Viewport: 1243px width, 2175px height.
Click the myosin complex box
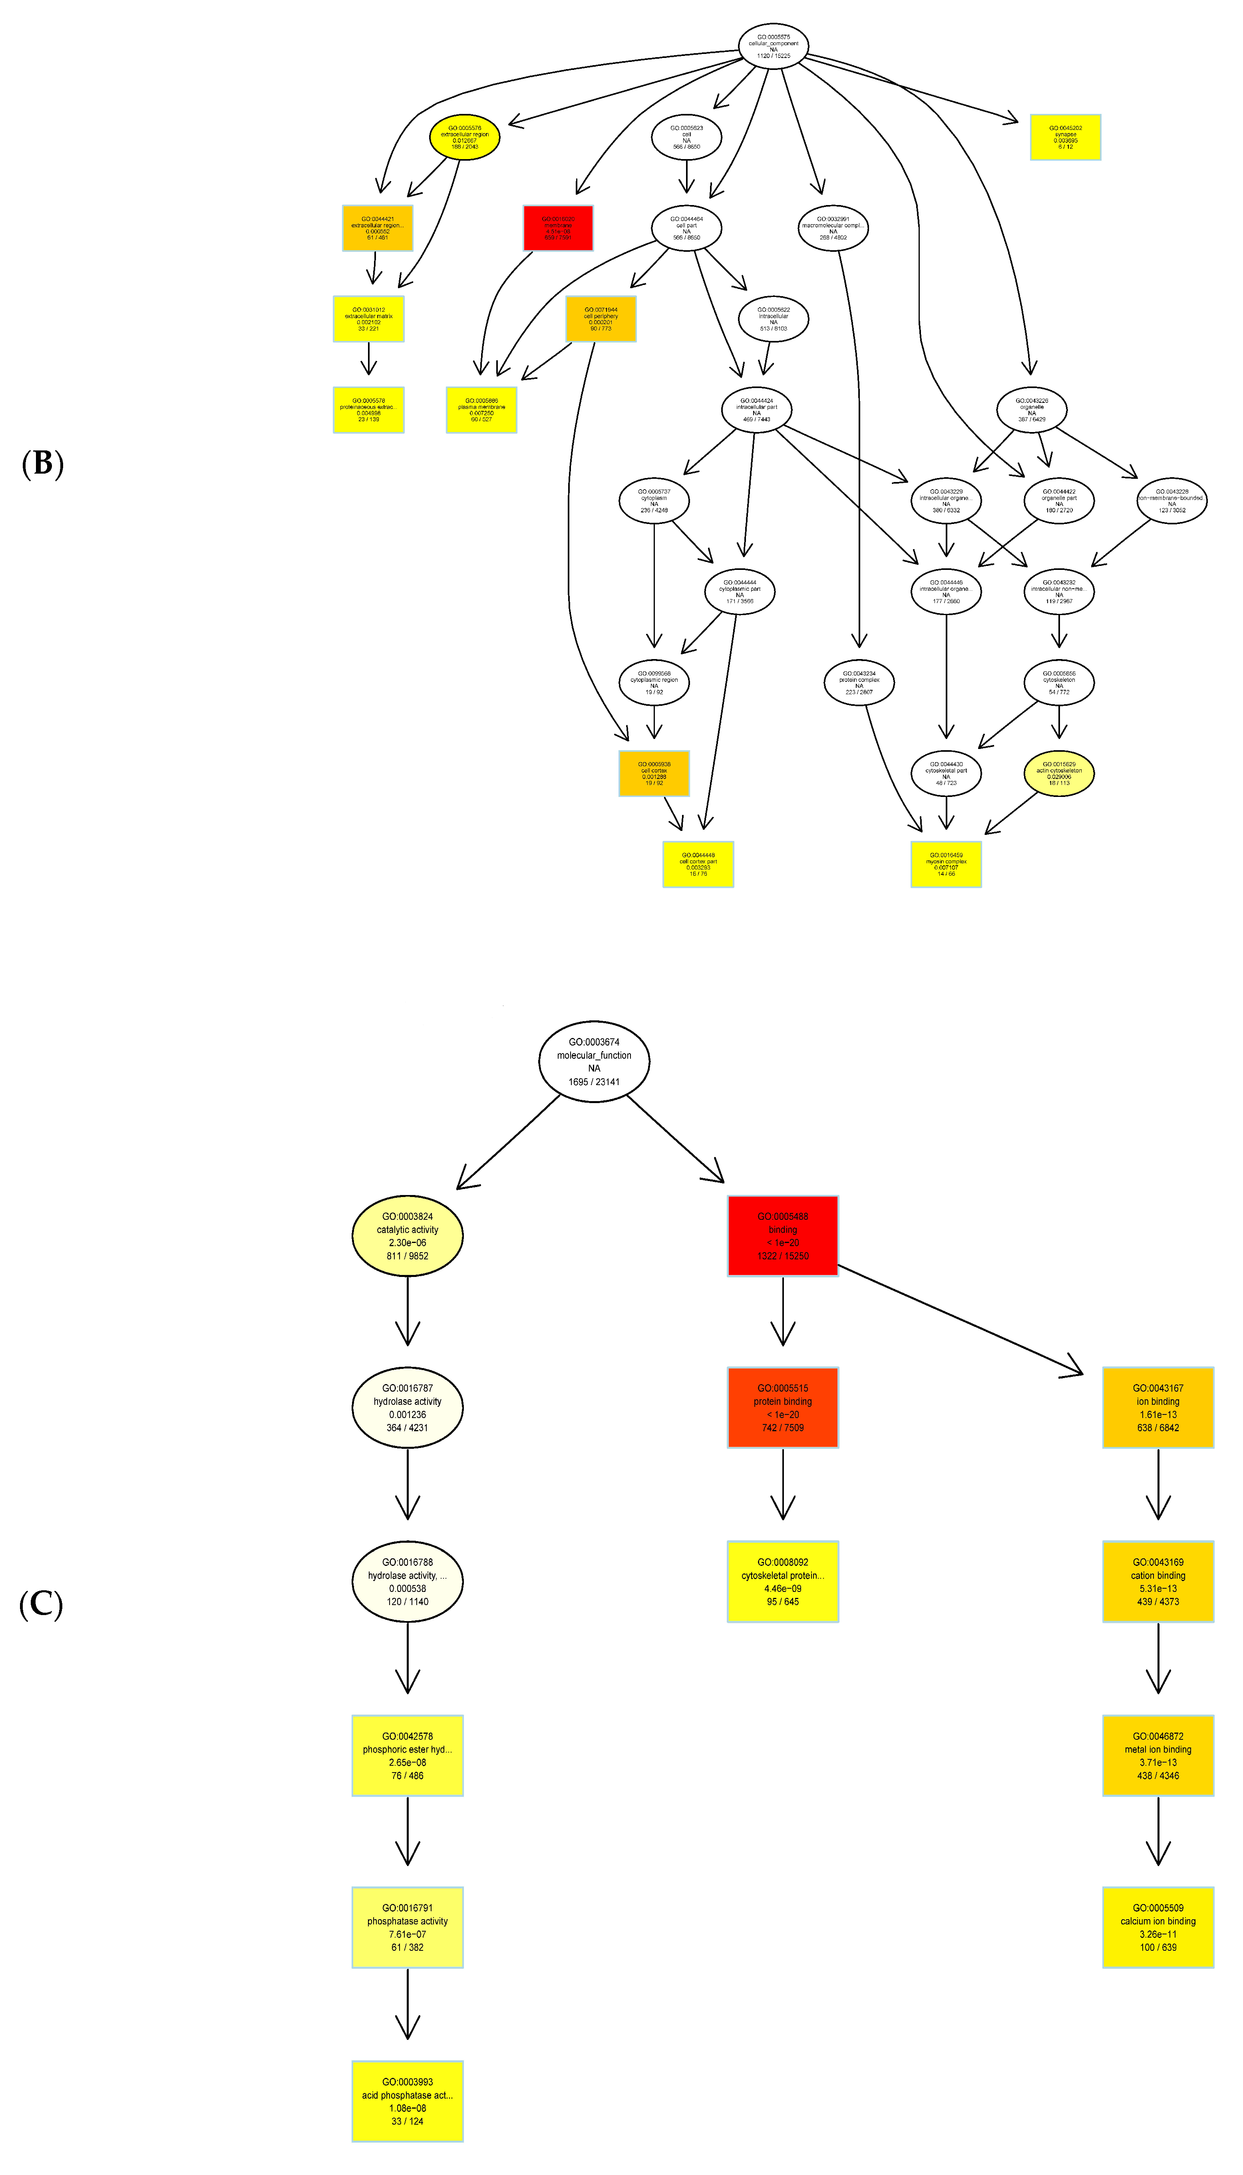[946, 864]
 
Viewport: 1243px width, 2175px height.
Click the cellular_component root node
[774, 46]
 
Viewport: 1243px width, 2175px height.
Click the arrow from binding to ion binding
[961, 1320]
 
